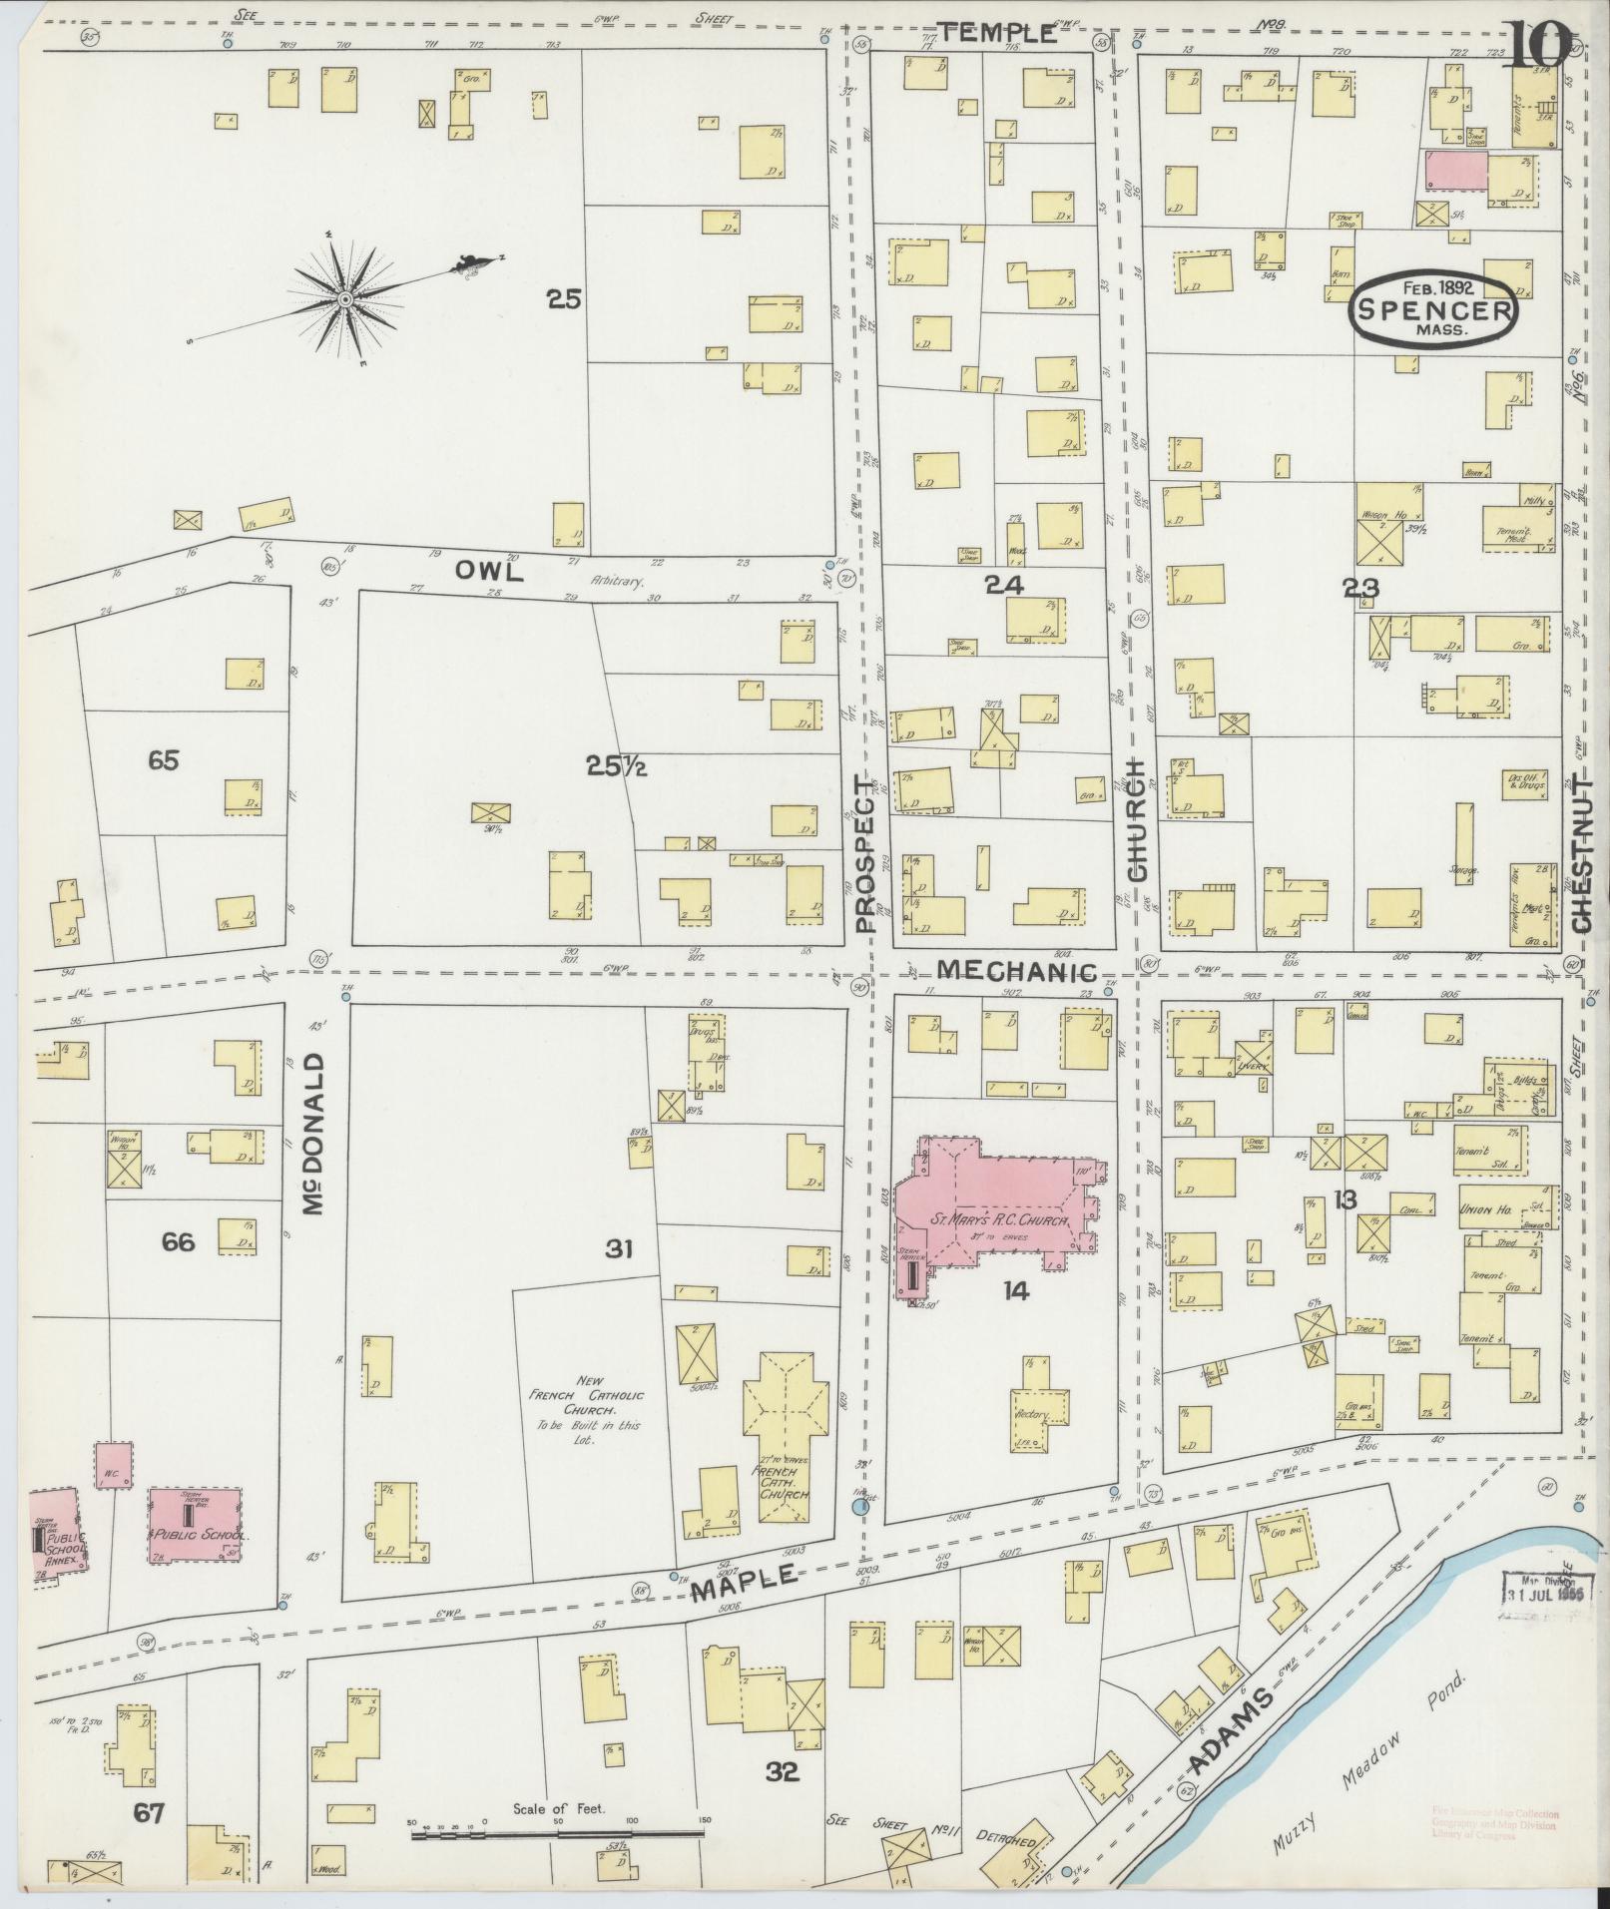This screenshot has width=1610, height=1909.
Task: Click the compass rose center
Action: tap(344, 298)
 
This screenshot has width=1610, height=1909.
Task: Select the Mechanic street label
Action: tap(1018, 970)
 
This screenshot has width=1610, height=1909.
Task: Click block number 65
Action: tap(163, 760)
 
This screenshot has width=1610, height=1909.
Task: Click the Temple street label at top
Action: tap(999, 34)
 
